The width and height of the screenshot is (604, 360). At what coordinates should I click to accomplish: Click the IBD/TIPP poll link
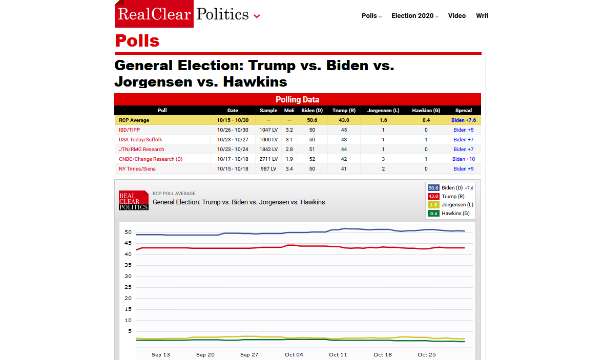pyautogui.click(x=129, y=130)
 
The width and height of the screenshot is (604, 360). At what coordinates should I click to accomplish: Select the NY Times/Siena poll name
pyautogui.click(x=137, y=169)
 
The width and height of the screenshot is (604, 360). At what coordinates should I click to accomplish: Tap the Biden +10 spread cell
pyautogui.click(x=463, y=159)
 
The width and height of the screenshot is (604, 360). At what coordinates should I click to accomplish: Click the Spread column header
pyautogui.click(x=463, y=110)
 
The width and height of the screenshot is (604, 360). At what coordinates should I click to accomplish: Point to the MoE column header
pyautogui.click(x=289, y=110)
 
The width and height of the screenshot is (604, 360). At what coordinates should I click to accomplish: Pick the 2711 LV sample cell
pyautogui.click(x=269, y=159)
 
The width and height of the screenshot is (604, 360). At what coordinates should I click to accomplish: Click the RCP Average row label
pyautogui.click(x=134, y=120)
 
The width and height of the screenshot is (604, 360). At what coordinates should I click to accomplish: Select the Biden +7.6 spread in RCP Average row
pyautogui.click(x=463, y=120)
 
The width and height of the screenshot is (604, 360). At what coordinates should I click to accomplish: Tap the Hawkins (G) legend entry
pyautogui.click(x=455, y=214)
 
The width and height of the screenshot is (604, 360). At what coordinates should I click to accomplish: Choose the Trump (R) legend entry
pyautogui.click(x=452, y=197)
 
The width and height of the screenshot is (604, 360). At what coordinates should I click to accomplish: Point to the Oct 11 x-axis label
pyautogui.click(x=338, y=354)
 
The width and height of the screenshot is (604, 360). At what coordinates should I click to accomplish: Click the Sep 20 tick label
pyautogui.click(x=205, y=354)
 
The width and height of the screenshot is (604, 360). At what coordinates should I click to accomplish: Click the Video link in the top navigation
pyautogui.click(x=456, y=16)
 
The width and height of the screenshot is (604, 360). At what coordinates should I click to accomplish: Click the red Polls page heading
pyautogui.click(x=137, y=40)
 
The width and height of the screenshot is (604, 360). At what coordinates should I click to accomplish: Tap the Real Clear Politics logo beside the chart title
pyautogui.click(x=133, y=201)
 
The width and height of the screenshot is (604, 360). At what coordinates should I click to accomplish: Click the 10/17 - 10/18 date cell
pyautogui.click(x=233, y=159)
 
